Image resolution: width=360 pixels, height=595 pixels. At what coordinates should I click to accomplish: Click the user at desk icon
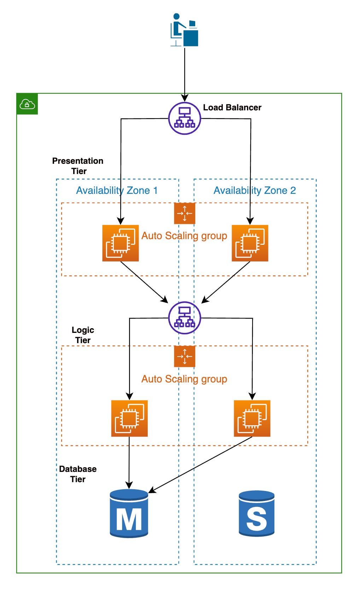tap(184, 30)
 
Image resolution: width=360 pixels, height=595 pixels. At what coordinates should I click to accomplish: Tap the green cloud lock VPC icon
tap(27, 104)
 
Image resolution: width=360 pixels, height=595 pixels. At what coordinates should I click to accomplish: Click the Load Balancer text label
tap(232, 108)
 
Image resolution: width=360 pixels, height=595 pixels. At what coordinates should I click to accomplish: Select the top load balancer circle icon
tap(184, 119)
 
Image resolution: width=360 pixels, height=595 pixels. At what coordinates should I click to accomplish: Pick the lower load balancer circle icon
tap(184, 318)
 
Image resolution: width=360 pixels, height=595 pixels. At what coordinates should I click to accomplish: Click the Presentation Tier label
tap(78, 166)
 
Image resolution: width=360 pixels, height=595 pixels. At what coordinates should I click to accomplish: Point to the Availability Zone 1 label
tap(117, 191)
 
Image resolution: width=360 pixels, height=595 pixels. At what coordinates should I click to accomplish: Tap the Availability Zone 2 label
tap(255, 191)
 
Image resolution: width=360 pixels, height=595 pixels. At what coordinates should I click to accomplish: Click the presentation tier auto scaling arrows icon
tap(184, 213)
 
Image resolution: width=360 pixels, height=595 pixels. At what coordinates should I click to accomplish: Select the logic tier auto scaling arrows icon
tap(184, 356)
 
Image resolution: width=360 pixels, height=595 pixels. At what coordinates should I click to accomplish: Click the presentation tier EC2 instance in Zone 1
tap(120, 243)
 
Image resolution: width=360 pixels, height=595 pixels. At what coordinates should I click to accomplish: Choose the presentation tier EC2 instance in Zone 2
tap(250, 243)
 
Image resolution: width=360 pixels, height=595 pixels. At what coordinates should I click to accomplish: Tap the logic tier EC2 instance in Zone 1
tap(129, 418)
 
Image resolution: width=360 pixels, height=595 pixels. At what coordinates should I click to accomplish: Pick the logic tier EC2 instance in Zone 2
tap(252, 418)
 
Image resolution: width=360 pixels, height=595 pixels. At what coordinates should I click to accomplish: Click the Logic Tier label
tap(83, 335)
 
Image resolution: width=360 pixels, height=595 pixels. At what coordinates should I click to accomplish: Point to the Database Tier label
tap(78, 474)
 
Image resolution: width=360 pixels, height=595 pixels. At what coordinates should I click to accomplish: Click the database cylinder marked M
tap(129, 513)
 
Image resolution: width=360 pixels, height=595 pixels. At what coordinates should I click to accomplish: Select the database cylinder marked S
tap(256, 513)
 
